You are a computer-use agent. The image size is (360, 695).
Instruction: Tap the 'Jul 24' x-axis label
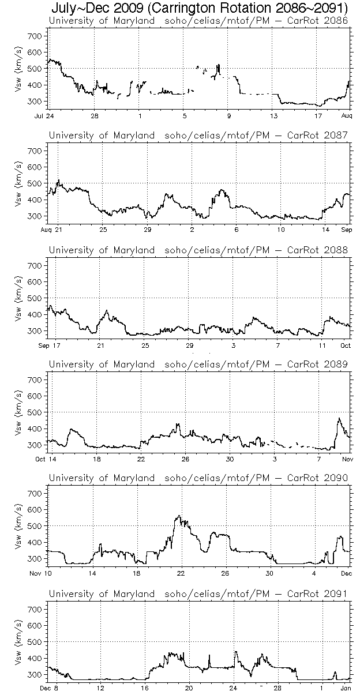pyautogui.click(x=48, y=116)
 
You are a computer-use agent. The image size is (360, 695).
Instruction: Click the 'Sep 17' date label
pyautogui.click(x=48, y=344)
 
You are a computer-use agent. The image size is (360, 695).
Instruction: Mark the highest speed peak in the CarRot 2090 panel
pyautogui.click(x=179, y=516)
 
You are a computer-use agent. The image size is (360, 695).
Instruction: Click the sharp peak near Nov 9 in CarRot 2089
pyautogui.click(x=339, y=418)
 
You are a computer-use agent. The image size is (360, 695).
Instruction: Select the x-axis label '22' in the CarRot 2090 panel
pyautogui.click(x=181, y=573)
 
